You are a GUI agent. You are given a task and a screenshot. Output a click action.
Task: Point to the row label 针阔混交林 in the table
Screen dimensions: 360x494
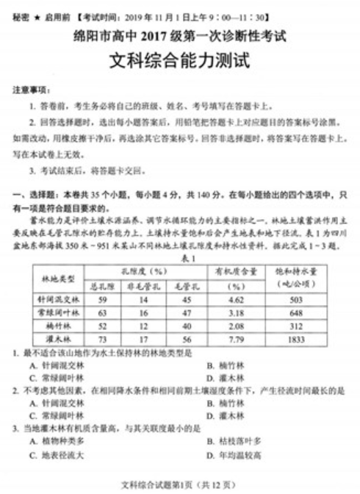coord(60,299)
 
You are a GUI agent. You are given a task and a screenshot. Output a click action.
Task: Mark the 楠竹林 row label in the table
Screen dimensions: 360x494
coord(60,326)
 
